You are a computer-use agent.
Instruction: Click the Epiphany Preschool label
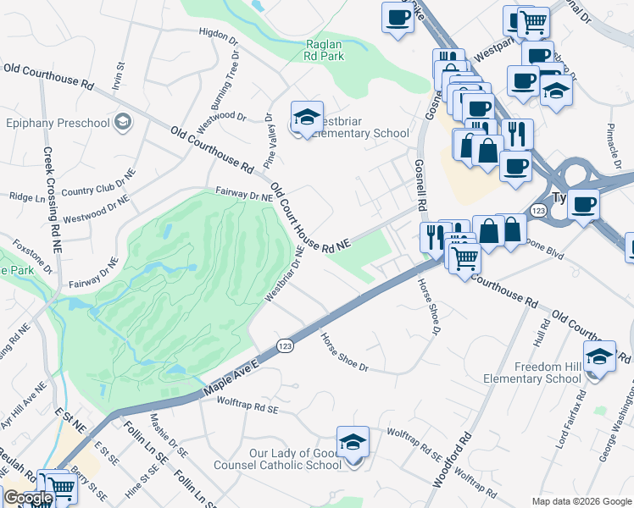click(58, 123)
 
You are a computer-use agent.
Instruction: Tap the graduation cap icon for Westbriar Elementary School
click(307, 117)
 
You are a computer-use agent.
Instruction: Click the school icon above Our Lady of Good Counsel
click(353, 442)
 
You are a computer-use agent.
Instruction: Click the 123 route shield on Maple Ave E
click(286, 345)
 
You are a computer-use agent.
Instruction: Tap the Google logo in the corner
click(27, 499)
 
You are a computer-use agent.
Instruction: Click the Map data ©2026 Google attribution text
click(581, 501)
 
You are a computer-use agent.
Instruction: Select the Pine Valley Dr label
click(270, 140)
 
